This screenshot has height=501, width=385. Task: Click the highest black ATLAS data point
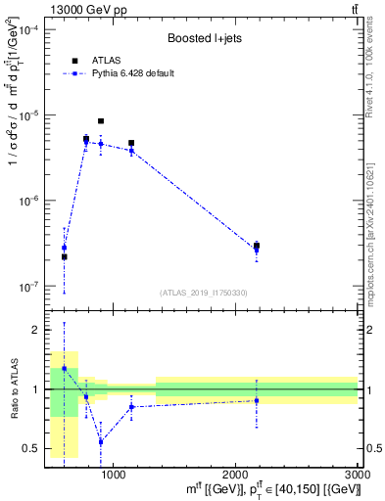pyautogui.click(x=101, y=121)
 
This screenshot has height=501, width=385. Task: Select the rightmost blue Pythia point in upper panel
pyautogui.click(x=257, y=250)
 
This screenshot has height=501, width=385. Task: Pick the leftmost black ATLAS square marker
pyautogui.click(x=65, y=257)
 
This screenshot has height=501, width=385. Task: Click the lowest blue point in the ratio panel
pyautogui.click(x=101, y=441)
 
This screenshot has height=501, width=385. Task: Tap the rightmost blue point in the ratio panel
pyautogui.click(x=257, y=400)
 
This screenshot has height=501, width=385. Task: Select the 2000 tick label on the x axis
pyautogui.click(x=235, y=475)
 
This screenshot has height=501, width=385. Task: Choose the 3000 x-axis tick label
pyautogui.click(x=357, y=475)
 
